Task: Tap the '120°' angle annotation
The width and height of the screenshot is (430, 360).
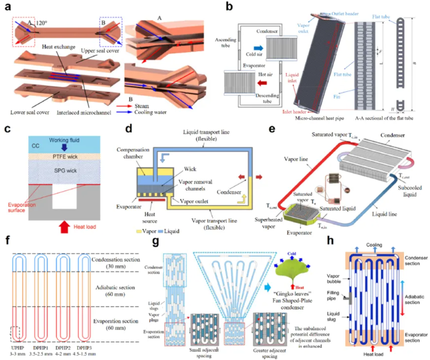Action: coord(41,23)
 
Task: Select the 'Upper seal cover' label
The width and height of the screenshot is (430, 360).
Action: coord(100,51)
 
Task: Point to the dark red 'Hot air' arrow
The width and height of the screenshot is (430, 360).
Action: coord(262,83)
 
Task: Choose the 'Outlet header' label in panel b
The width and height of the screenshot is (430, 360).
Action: coord(345,14)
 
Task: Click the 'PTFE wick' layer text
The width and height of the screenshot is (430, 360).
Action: coord(65,156)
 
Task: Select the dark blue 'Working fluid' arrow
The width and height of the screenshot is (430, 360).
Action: coord(64,147)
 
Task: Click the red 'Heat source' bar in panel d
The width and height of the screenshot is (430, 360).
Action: coord(152,200)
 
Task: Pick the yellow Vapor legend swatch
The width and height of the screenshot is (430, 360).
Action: coord(139,231)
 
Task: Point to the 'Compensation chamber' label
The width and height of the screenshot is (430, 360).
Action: coord(133,153)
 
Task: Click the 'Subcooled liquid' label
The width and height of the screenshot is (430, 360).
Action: coord(410,191)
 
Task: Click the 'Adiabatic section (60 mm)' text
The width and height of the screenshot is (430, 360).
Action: coord(115,291)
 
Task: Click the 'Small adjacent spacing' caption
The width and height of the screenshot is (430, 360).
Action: coord(204,353)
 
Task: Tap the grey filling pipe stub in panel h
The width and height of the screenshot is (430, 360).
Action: coord(347,299)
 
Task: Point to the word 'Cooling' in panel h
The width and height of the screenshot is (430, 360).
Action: coord(374,245)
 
